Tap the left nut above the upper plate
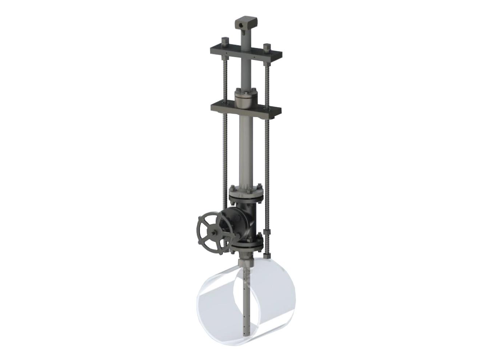point(224,41)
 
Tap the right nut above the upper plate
point(267,47)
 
